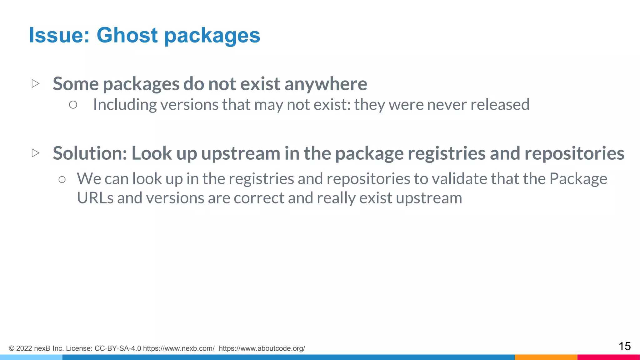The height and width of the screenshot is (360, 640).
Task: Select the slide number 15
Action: (624, 346)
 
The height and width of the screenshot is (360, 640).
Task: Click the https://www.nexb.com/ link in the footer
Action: (179, 348)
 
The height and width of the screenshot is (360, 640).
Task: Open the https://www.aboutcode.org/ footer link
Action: (262, 348)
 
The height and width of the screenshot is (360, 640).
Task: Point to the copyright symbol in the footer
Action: (12, 348)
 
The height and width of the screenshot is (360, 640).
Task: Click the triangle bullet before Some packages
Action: (36, 83)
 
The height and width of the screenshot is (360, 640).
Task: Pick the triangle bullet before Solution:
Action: (36, 153)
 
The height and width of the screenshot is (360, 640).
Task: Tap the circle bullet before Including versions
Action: (73, 105)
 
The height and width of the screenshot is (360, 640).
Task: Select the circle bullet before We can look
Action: (62, 179)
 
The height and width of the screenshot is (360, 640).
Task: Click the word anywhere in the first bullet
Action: (326, 84)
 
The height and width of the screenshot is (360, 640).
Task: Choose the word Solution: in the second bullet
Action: (90, 153)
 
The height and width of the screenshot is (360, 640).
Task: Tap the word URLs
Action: (95, 198)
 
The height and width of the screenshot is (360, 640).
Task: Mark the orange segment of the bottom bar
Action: (546, 357)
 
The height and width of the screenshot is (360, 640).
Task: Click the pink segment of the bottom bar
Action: (608, 357)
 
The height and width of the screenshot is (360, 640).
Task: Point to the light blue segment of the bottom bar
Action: (31, 357)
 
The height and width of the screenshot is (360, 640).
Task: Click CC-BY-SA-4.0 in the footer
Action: (118, 348)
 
